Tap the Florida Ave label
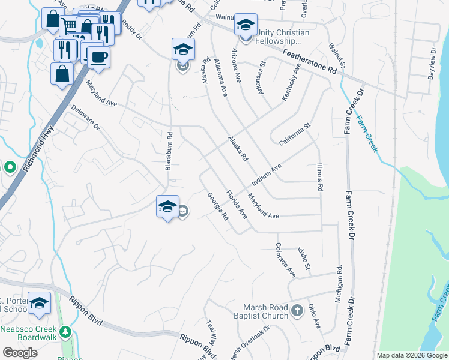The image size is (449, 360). pyautogui.click(x=236, y=204)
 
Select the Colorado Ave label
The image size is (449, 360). pyautogui.click(x=285, y=259)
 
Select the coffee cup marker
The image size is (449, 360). pyautogui.click(x=99, y=57)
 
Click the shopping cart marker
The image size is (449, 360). pyautogui.click(x=70, y=26)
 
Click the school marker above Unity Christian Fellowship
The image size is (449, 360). pyautogui.click(x=246, y=25)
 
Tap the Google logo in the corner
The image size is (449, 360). pyautogui.click(x=20, y=352)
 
